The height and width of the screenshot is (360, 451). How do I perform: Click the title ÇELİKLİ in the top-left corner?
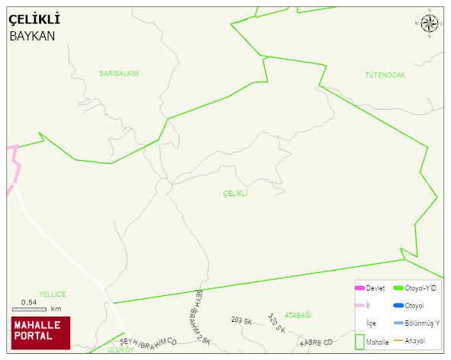[x=34, y=19]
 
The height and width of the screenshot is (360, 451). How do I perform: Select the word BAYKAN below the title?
[x=33, y=36]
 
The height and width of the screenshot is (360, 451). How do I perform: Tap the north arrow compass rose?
[x=430, y=24]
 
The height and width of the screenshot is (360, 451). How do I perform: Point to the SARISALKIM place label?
[x=119, y=73]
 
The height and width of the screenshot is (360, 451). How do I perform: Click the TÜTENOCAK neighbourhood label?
[x=385, y=75]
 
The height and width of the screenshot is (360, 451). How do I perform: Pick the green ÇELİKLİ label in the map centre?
[x=235, y=194]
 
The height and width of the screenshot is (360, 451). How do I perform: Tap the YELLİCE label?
[x=53, y=294]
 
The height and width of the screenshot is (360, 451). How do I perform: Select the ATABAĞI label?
[x=298, y=315]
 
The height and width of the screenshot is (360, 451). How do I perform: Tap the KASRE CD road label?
[x=316, y=342]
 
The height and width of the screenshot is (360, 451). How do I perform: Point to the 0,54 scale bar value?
[x=30, y=302]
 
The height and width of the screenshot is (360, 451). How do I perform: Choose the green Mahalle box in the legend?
[x=359, y=342]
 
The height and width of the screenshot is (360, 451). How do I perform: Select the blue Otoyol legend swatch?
[x=397, y=306]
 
